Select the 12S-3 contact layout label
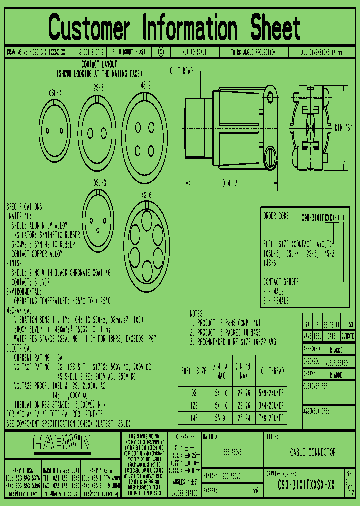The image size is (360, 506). [x=97, y=88]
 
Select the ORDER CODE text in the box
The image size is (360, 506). [x=276, y=216]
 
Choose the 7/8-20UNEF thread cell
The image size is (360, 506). [x=270, y=417]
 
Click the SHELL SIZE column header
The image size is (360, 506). [x=194, y=371]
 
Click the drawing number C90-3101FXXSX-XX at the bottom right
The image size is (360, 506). [x=306, y=484]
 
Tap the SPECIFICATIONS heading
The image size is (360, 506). [x=24, y=207]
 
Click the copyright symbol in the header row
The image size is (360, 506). [x=160, y=52]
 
